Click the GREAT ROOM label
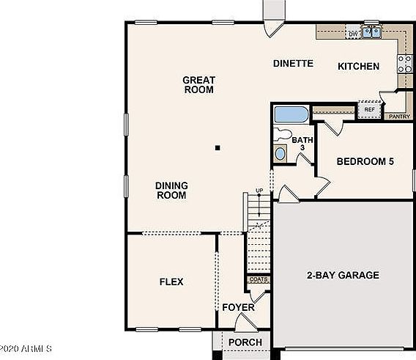[x=198, y=84]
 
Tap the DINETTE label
[x=293, y=64]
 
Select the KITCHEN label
[x=358, y=67]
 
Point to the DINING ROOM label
[x=171, y=191]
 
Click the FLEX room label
[x=171, y=282]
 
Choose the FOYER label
[x=238, y=307]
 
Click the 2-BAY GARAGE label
[x=342, y=276]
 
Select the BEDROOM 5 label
[x=365, y=161]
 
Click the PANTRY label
[x=398, y=116]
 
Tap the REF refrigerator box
[x=369, y=110]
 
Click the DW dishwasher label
[x=352, y=34]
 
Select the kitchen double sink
[x=372, y=32]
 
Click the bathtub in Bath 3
[x=291, y=115]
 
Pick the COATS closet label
[x=259, y=279]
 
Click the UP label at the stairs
[x=259, y=191]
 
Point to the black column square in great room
[x=218, y=147]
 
